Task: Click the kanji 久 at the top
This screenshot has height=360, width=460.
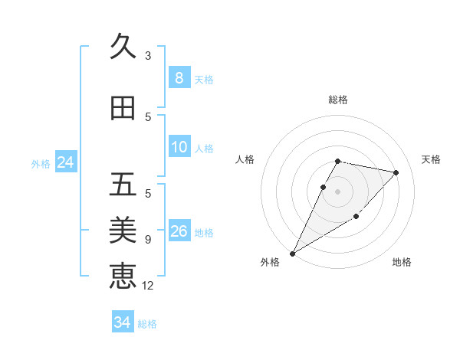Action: tap(123, 46)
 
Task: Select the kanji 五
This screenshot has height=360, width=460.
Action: tap(123, 185)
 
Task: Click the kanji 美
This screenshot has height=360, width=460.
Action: tap(123, 229)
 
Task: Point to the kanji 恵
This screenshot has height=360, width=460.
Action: tap(123, 275)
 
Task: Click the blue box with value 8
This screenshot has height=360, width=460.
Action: tap(179, 78)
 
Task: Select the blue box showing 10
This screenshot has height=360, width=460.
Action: tap(179, 147)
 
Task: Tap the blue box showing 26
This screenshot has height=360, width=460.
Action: tap(179, 231)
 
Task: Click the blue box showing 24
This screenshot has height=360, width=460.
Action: tap(65, 162)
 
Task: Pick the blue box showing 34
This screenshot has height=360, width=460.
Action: tap(122, 322)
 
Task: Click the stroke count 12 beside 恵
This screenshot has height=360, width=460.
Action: tap(149, 286)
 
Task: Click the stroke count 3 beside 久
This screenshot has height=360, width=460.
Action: tap(147, 55)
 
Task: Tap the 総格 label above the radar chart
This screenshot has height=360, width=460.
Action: tap(338, 100)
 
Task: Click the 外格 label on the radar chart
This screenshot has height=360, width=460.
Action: tap(270, 262)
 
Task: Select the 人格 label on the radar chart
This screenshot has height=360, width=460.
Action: tap(245, 159)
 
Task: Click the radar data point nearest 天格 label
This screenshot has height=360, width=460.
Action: tap(396, 172)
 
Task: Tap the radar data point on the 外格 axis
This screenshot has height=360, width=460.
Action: tap(292, 253)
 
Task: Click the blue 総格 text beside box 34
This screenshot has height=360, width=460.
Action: tap(147, 324)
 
